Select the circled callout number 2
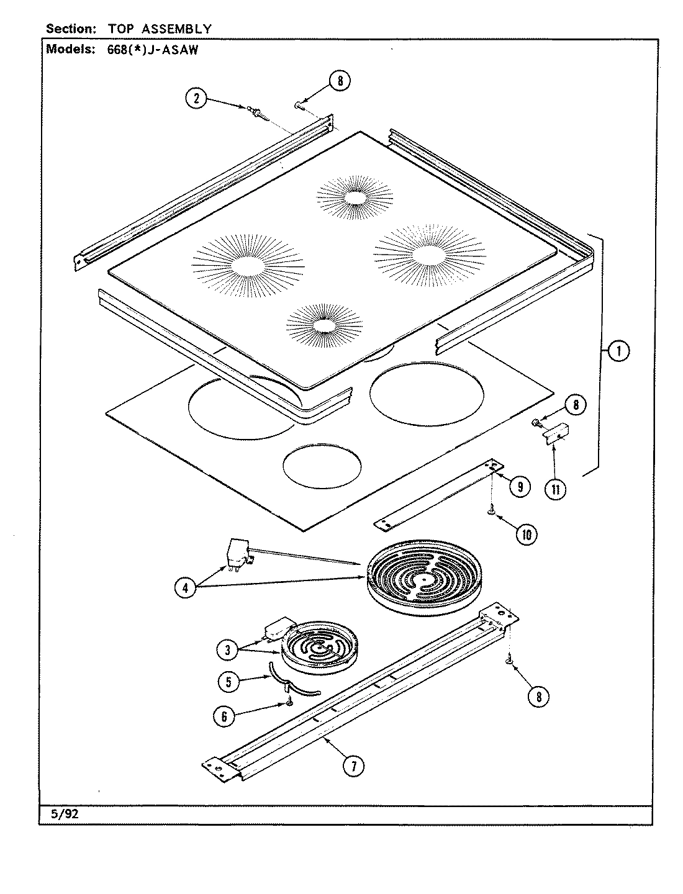tap(197, 99)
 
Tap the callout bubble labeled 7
tap(353, 766)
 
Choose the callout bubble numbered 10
tap(527, 534)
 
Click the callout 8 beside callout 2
tap(339, 81)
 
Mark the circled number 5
tap(229, 681)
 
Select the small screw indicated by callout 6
tap(289, 702)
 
